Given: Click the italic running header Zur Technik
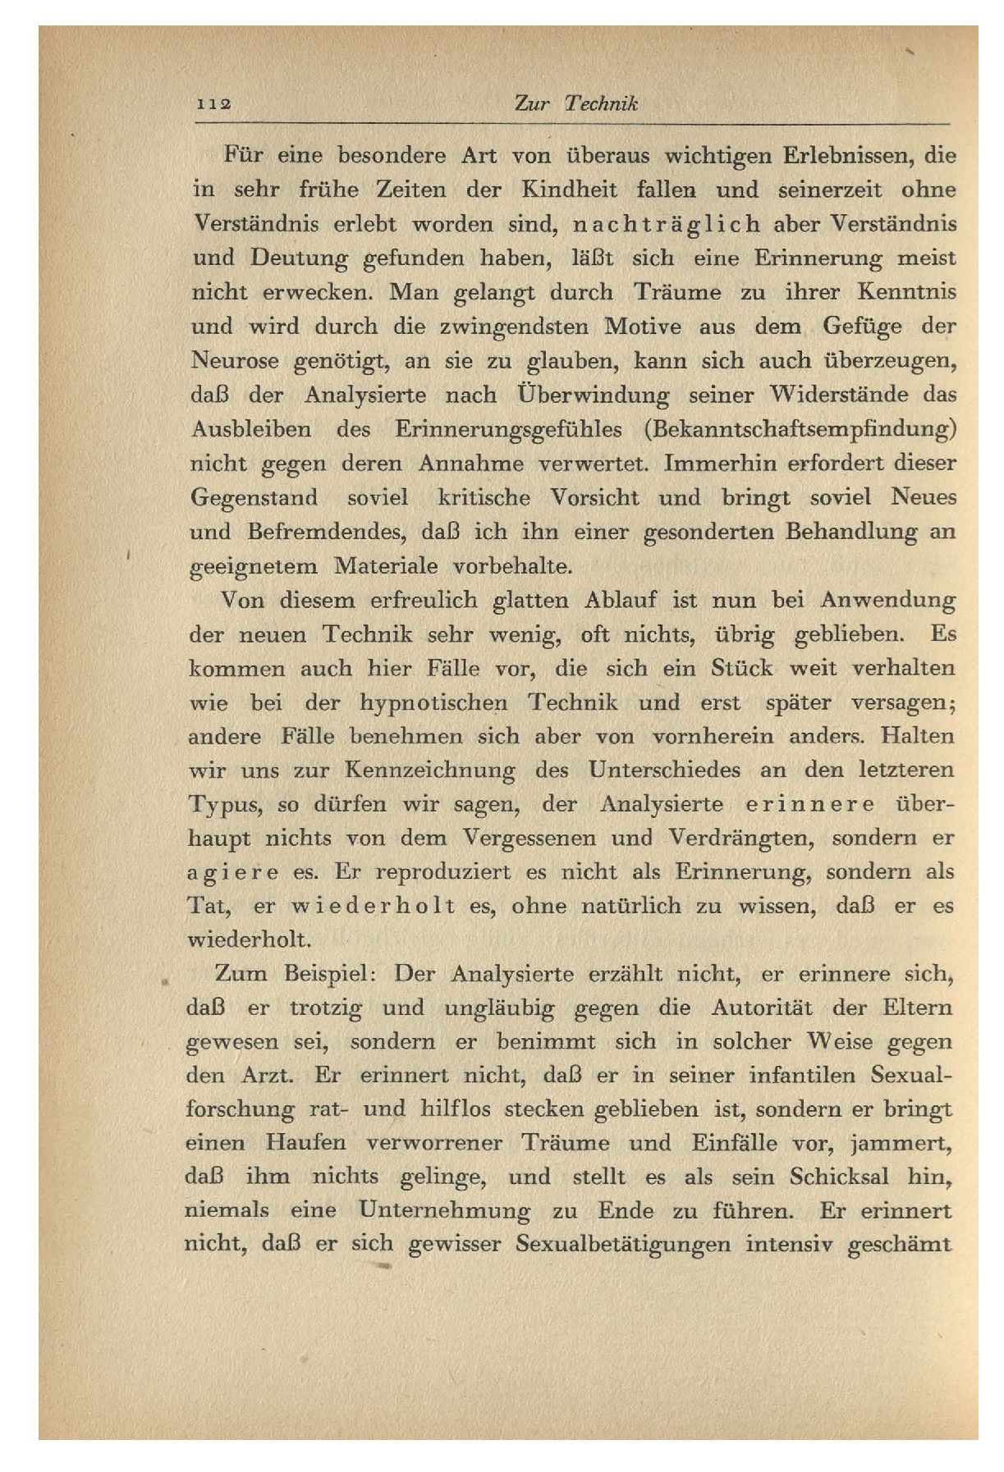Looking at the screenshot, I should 575,103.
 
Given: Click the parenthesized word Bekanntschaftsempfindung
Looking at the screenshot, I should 801,429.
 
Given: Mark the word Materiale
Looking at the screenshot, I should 376,566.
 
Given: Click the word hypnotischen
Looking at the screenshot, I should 435,703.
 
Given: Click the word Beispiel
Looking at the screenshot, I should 329,974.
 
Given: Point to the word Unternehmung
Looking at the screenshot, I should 444,1211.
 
